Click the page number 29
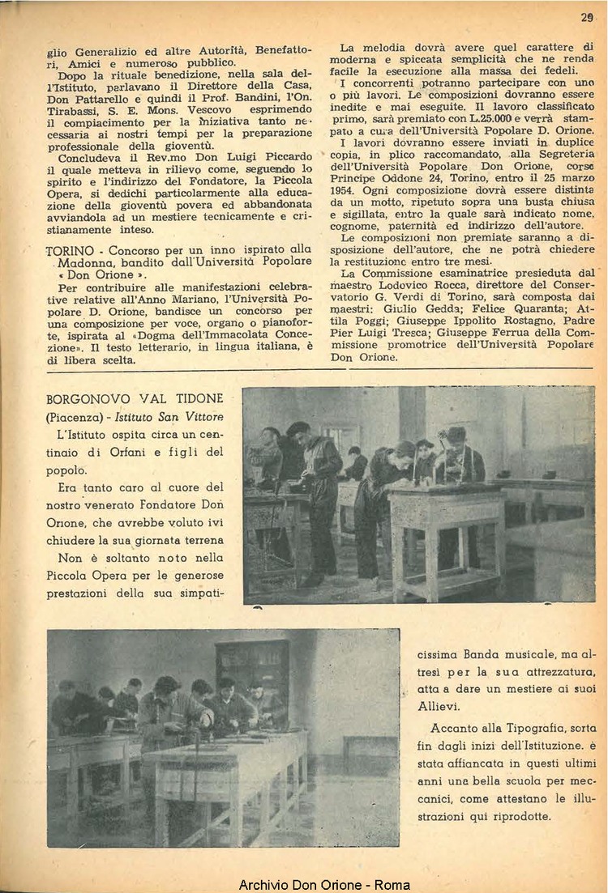coord(587,16)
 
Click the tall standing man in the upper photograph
coord(318,502)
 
